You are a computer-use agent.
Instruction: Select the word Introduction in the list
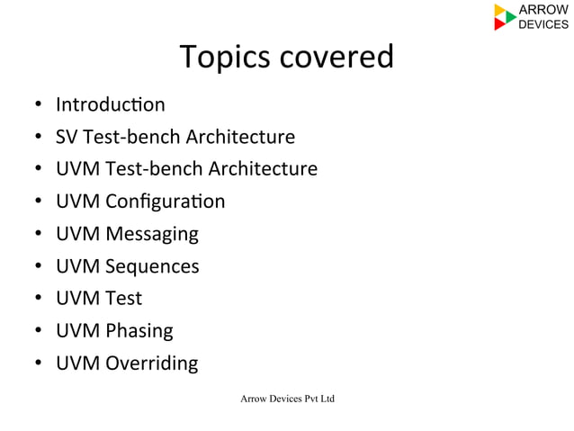click(110, 104)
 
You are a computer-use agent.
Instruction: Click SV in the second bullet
click(67, 137)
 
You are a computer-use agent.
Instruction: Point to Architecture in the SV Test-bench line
click(240, 137)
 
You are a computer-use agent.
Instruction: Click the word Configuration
click(166, 202)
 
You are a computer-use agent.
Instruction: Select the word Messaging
click(152, 234)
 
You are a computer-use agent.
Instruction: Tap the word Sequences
click(152, 266)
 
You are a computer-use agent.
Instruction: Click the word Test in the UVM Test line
click(123, 298)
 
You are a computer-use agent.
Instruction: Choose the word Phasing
click(139, 330)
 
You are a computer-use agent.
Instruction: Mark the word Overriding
click(152, 363)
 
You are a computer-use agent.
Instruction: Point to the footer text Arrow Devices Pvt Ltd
click(287, 398)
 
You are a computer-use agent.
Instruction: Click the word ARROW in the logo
click(544, 10)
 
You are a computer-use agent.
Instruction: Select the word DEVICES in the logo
click(544, 24)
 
